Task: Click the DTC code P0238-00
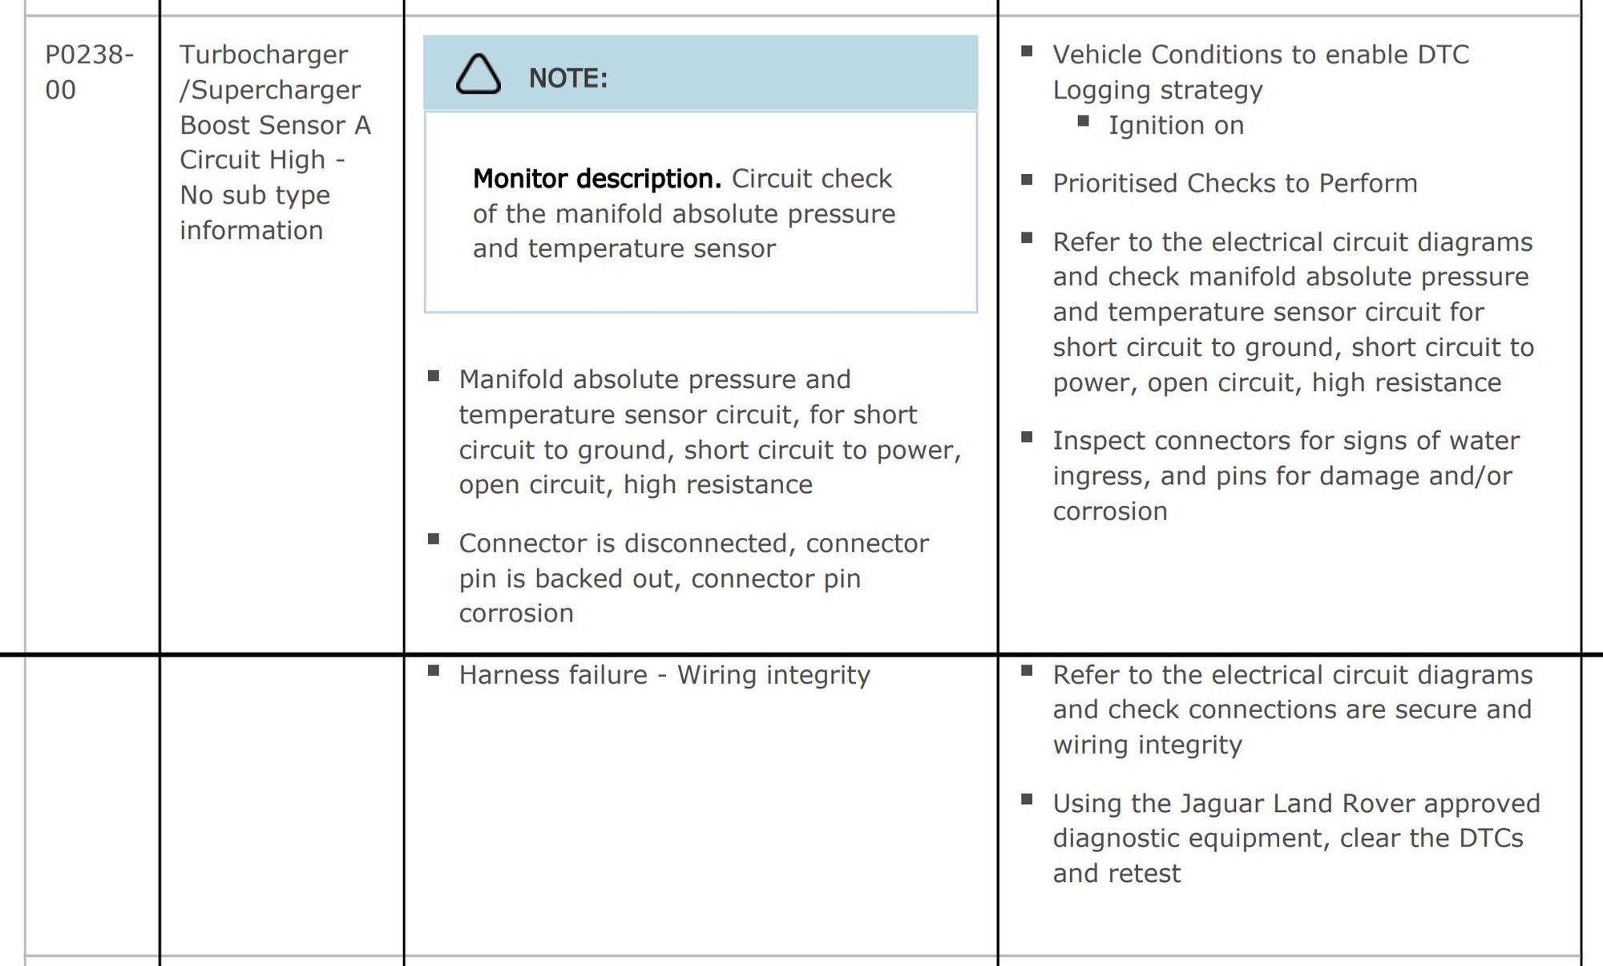(x=88, y=71)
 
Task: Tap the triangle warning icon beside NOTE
(x=478, y=76)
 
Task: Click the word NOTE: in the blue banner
(x=568, y=79)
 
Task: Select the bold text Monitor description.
(x=597, y=179)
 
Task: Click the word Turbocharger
(x=264, y=55)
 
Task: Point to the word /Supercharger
(x=270, y=90)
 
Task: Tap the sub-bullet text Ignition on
(x=1176, y=125)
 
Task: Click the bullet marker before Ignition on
(x=1084, y=121)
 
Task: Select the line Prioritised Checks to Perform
(x=1234, y=184)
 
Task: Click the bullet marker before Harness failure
(x=434, y=671)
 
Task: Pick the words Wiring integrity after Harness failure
(x=773, y=675)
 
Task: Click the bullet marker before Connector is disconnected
(x=434, y=540)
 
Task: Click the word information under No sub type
(x=251, y=230)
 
